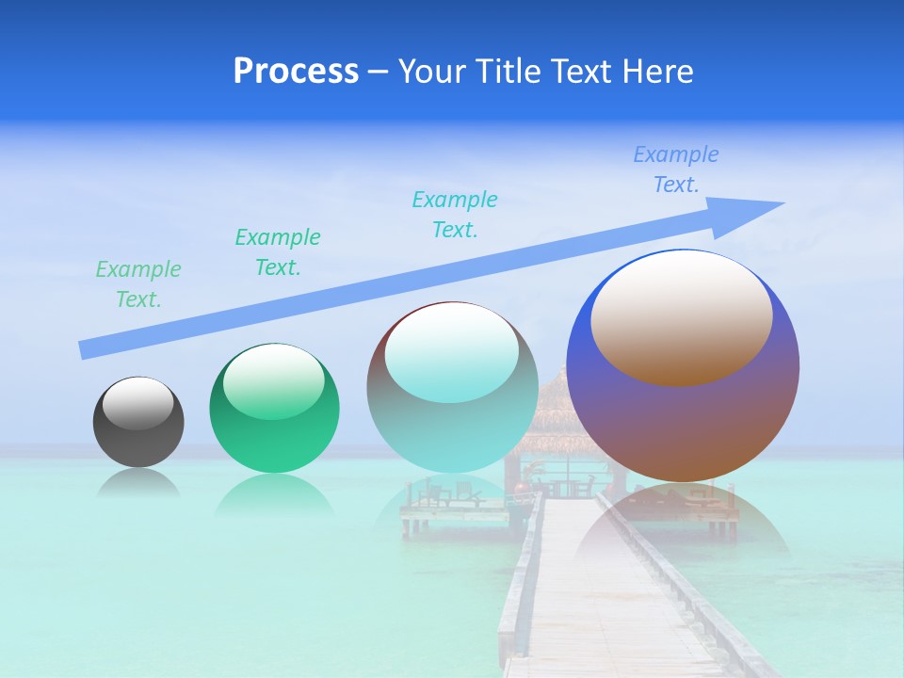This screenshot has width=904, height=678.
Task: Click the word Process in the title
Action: pos(296,72)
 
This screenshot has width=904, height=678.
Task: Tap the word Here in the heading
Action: pos(656,72)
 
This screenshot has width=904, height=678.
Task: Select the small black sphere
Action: pos(138,438)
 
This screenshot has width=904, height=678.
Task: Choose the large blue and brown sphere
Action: pos(683,424)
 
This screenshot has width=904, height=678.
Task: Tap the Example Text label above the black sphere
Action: pos(138,284)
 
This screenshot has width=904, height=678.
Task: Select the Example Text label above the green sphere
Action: pos(278,252)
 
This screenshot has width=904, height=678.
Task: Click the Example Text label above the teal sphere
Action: pos(455,215)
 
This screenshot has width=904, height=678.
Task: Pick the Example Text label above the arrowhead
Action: pos(676,169)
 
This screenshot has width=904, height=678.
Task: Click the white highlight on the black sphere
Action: pos(137,403)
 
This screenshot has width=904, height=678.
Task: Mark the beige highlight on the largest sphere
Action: pos(682,317)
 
